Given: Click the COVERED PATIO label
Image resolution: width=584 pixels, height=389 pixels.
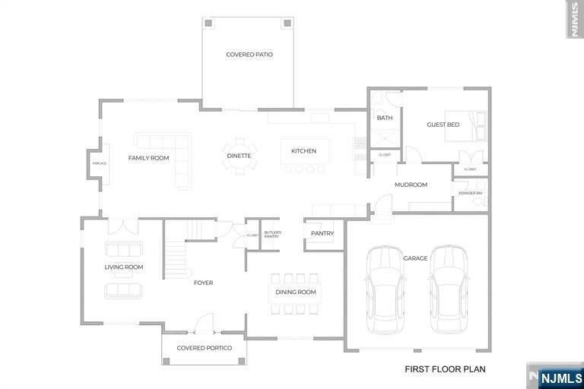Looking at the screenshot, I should pos(249,55).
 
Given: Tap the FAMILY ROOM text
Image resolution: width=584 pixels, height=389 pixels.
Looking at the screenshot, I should pos(148,158).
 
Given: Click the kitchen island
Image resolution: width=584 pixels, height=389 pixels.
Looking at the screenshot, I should pos(304,150).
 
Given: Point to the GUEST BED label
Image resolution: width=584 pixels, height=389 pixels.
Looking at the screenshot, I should pos(443,125).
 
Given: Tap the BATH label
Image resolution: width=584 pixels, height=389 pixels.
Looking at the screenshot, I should pos(385,118).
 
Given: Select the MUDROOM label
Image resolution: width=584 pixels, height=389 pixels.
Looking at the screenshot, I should pos(411,185).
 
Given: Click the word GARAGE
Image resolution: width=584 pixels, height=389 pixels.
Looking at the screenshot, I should pos(415,258).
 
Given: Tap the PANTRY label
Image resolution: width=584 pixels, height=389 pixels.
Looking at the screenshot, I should pos(322,233).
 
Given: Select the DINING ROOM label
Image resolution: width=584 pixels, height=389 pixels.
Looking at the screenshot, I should pos(294,293).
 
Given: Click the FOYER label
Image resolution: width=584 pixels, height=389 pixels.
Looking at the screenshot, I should pos(203,283).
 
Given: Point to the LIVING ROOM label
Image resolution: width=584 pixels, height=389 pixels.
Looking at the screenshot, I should pos(124,267).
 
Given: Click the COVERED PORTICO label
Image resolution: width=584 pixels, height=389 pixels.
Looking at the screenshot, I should pos(204,348).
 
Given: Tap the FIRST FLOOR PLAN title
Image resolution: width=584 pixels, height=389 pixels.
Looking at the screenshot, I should pos(444,369).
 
